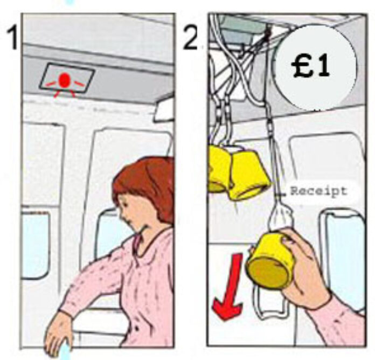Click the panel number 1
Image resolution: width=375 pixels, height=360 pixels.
click(12, 38)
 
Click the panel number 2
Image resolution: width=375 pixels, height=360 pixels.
click(191, 38)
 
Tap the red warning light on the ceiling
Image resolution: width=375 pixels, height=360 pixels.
click(65, 81)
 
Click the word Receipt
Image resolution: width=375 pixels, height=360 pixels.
click(318, 191)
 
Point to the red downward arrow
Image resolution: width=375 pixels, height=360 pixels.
click(229, 287)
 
